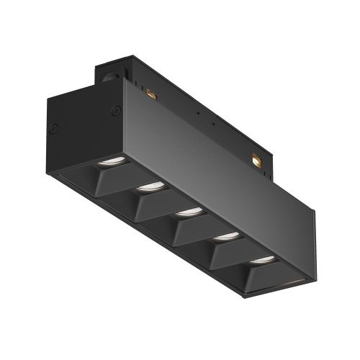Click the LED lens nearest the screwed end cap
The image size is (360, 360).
[111, 161]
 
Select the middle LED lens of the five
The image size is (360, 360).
[189, 211]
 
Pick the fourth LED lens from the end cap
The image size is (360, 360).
[226, 235]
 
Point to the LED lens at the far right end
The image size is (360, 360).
[261, 258]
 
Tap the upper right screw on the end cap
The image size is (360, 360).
[114, 110]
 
